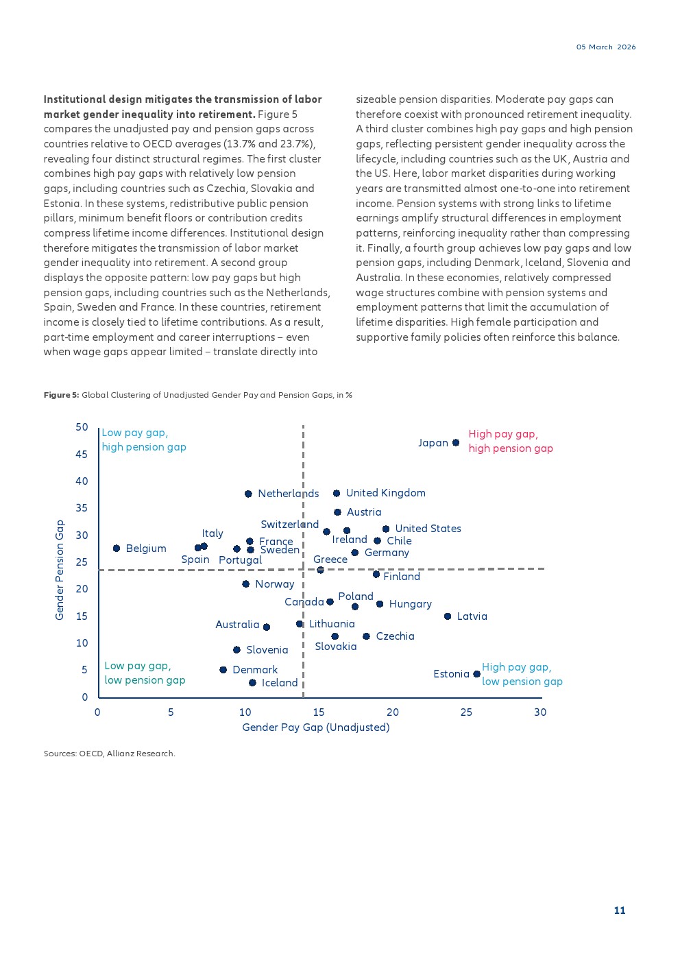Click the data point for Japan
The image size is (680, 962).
[456, 443]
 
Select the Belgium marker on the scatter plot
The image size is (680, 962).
[117, 549]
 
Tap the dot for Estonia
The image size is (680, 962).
[477, 674]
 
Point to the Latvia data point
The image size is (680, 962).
[448, 616]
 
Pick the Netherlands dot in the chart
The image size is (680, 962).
[248, 494]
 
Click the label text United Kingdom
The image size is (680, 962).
[385, 493]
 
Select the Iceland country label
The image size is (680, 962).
[280, 683]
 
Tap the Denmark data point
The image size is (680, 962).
[223, 670]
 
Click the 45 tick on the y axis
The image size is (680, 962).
[82, 454]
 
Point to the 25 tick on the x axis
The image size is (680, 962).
[466, 712]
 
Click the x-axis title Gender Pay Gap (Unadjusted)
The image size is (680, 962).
[315, 727]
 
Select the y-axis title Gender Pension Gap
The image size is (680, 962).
[60, 570]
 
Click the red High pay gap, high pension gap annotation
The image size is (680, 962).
[511, 441]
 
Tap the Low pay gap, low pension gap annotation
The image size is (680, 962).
[145, 673]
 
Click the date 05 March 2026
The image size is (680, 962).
[606, 47]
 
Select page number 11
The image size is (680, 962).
[620, 911]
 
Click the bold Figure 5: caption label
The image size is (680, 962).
[61, 395]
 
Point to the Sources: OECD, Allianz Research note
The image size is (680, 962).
[110, 754]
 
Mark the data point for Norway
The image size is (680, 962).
[245, 584]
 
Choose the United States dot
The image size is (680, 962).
[386, 529]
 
